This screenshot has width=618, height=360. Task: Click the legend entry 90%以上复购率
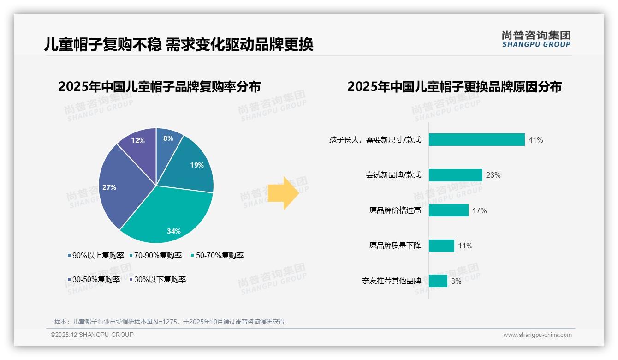pyautogui.click(x=95, y=256)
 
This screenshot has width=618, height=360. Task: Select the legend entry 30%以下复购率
pyautogui.click(x=157, y=280)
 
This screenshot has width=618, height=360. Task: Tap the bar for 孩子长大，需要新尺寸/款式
pyautogui.click(x=476, y=140)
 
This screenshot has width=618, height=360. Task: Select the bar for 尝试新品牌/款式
pyautogui.click(x=455, y=175)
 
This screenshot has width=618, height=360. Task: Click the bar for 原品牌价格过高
pyautogui.click(x=448, y=210)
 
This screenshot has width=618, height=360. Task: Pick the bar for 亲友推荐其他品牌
pyautogui.click(x=438, y=281)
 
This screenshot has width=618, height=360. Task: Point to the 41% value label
pyautogui.click(x=536, y=140)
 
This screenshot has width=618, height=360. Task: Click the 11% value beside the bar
pyautogui.click(x=465, y=246)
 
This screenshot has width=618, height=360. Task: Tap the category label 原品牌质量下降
pyautogui.click(x=395, y=246)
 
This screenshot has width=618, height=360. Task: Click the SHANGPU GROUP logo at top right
pyautogui.click(x=536, y=39)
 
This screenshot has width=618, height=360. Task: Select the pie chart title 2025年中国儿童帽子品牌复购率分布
pyautogui.click(x=160, y=87)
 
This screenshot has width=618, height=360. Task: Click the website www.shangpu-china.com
pyautogui.click(x=537, y=335)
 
